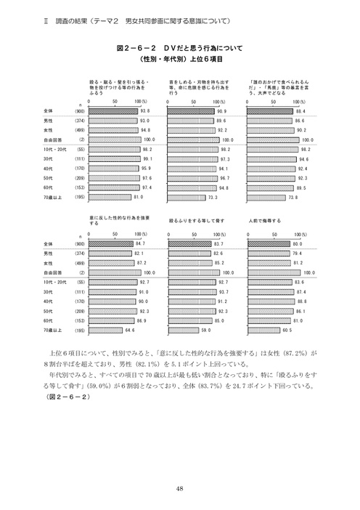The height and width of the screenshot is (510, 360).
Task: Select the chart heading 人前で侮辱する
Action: click(266, 219)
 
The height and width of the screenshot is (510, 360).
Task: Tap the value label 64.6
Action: click(131, 329)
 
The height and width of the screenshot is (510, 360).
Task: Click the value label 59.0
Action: click(205, 329)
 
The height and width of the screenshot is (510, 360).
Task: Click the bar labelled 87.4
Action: click(272, 290)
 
